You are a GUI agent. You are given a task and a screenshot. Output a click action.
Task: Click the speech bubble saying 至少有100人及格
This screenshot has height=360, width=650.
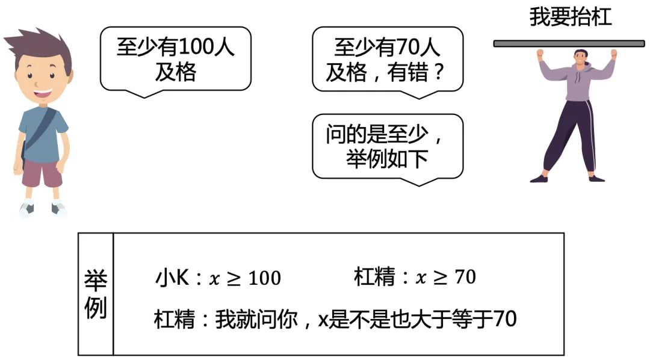point(175,59)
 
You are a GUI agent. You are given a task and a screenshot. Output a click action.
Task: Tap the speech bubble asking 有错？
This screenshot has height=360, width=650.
point(388,59)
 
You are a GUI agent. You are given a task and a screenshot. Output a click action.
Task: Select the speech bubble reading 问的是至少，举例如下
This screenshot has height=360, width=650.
point(388,146)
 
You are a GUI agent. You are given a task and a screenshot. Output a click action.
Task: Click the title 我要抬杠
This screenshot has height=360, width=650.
point(570,16)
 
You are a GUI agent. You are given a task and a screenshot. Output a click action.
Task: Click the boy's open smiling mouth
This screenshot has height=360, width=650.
point(43,93)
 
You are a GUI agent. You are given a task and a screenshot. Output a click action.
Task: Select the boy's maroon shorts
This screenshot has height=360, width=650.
point(42,174)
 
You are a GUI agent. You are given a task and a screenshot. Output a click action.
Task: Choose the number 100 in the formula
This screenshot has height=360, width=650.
point(264,278)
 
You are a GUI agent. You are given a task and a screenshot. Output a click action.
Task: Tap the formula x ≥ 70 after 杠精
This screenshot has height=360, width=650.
point(446,277)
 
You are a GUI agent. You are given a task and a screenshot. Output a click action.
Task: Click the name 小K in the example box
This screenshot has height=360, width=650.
point(171,278)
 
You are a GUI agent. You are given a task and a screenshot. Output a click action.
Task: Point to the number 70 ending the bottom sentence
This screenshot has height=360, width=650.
point(505,320)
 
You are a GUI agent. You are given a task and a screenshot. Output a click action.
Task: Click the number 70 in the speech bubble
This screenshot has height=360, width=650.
point(409,48)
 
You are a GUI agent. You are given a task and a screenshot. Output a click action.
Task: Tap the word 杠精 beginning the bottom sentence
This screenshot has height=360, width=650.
point(175,320)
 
